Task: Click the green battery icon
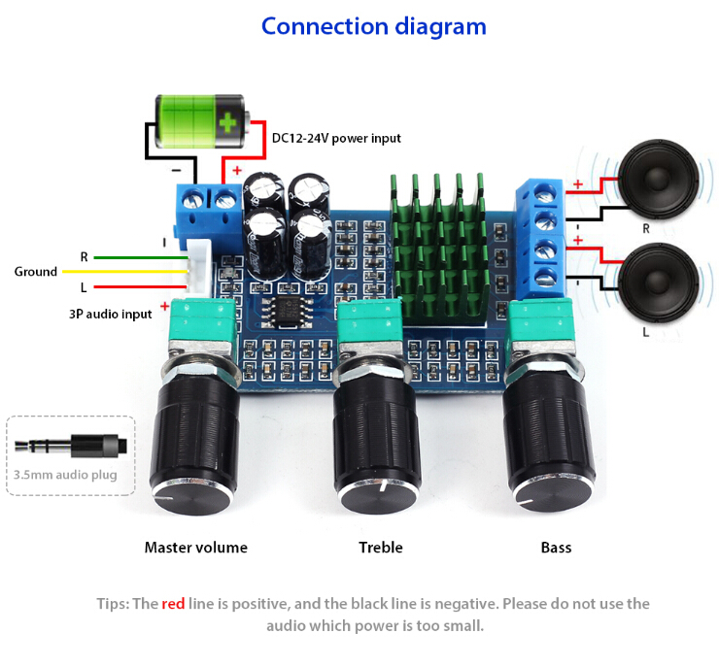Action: click(x=202, y=121)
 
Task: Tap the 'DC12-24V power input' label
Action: click(x=336, y=138)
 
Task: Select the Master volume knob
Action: click(x=195, y=435)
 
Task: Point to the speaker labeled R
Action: click(x=658, y=179)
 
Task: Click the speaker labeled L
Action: click(x=658, y=283)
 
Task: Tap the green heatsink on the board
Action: click(x=439, y=248)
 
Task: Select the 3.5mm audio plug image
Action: click(x=71, y=446)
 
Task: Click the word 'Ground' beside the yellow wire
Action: click(x=36, y=272)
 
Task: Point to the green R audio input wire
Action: click(x=141, y=257)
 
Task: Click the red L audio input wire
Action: click(x=140, y=286)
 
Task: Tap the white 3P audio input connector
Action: click(x=198, y=267)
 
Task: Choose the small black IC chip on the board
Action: click(x=288, y=312)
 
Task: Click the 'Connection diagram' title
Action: click(x=374, y=27)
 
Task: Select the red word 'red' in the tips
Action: click(x=173, y=604)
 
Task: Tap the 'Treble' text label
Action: click(x=381, y=548)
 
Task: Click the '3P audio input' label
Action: click(x=110, y=315)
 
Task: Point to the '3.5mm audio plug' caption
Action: click(x=65, y=475)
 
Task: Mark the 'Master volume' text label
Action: click(x=196, y=548)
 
